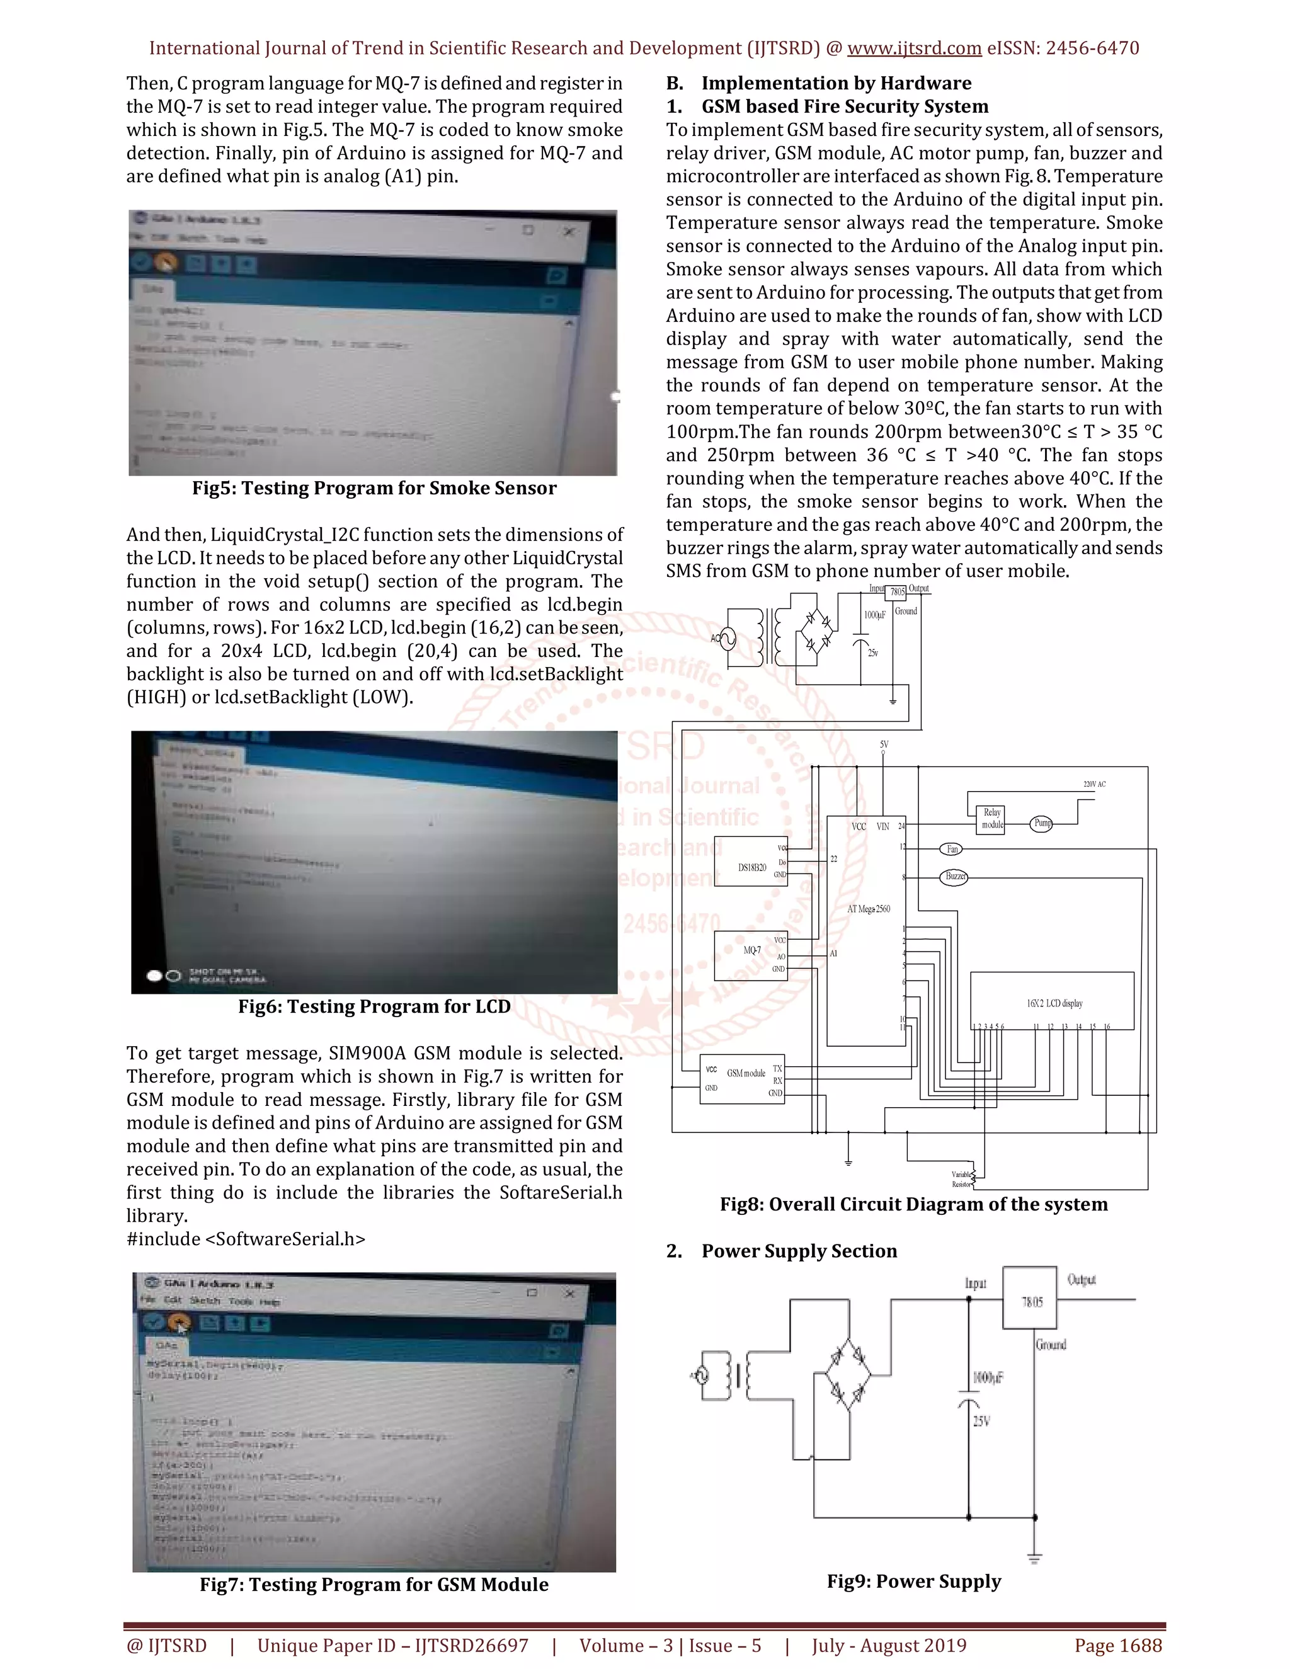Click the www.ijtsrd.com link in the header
pyautogui.click(x=914, y=48)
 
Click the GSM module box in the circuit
pyautogui.click(x=742, y=1078)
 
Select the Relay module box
pyautogui.click(x=991, y=819)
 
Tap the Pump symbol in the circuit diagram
pyautogui.click(x=1042, y=823)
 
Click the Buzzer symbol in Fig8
pyautogui.click(x=954, y=877)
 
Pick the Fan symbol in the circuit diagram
pyautogui.click(x=952, y=849)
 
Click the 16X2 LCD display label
pyautogui.click(x=1054, y=1003)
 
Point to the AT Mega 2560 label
pyautogui.click(x=868, y=909)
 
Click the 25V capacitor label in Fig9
pyautogui.click(x=981, y=1421)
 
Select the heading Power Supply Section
pyautogui.click(x=799, y=1251)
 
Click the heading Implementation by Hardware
pyautogui.click(x=836, y=83)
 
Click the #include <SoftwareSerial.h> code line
pyautogui.click(x=246, y=1239)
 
